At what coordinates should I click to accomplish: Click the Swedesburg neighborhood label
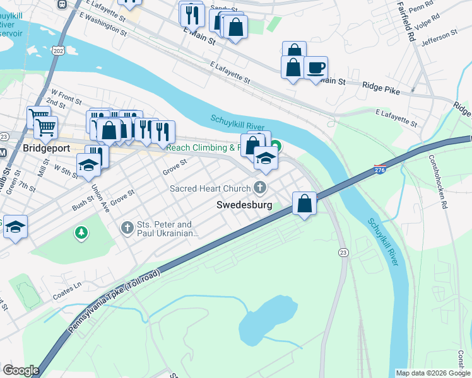click(244, 205)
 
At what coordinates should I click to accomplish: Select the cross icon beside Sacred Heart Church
click(259, 187)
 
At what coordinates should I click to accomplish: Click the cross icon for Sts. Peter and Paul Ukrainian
click(127, 228)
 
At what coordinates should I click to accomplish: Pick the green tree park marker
click(81, 234)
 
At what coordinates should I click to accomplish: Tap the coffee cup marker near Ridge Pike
click(316, 67)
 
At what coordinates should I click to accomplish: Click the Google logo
click(21, 370)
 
